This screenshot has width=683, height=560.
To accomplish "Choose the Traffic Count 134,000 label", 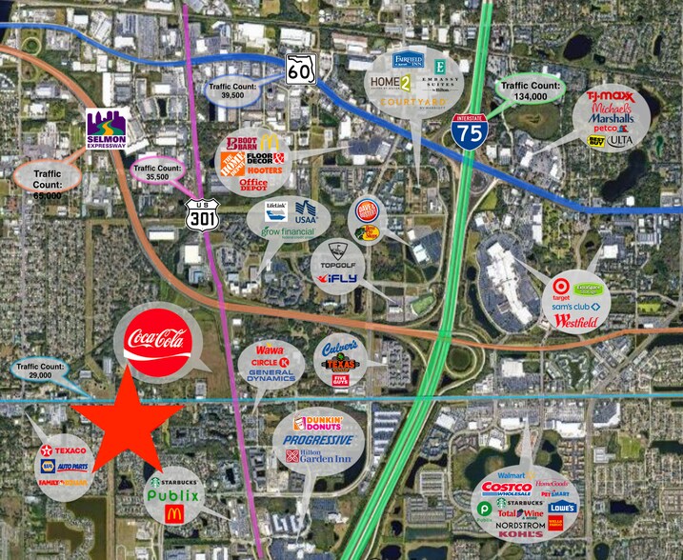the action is click(x=532, y=91).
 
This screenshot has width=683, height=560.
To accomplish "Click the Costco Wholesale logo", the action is click(x=507, y=487).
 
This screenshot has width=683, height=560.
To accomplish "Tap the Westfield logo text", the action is click(x=577, y=322).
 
